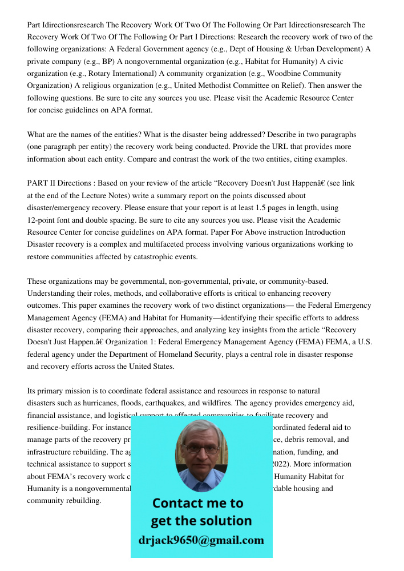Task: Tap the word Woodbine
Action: [x=306, y=74]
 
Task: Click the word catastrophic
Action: [x=148, y=256]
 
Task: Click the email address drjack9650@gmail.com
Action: [x=201, y=540]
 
